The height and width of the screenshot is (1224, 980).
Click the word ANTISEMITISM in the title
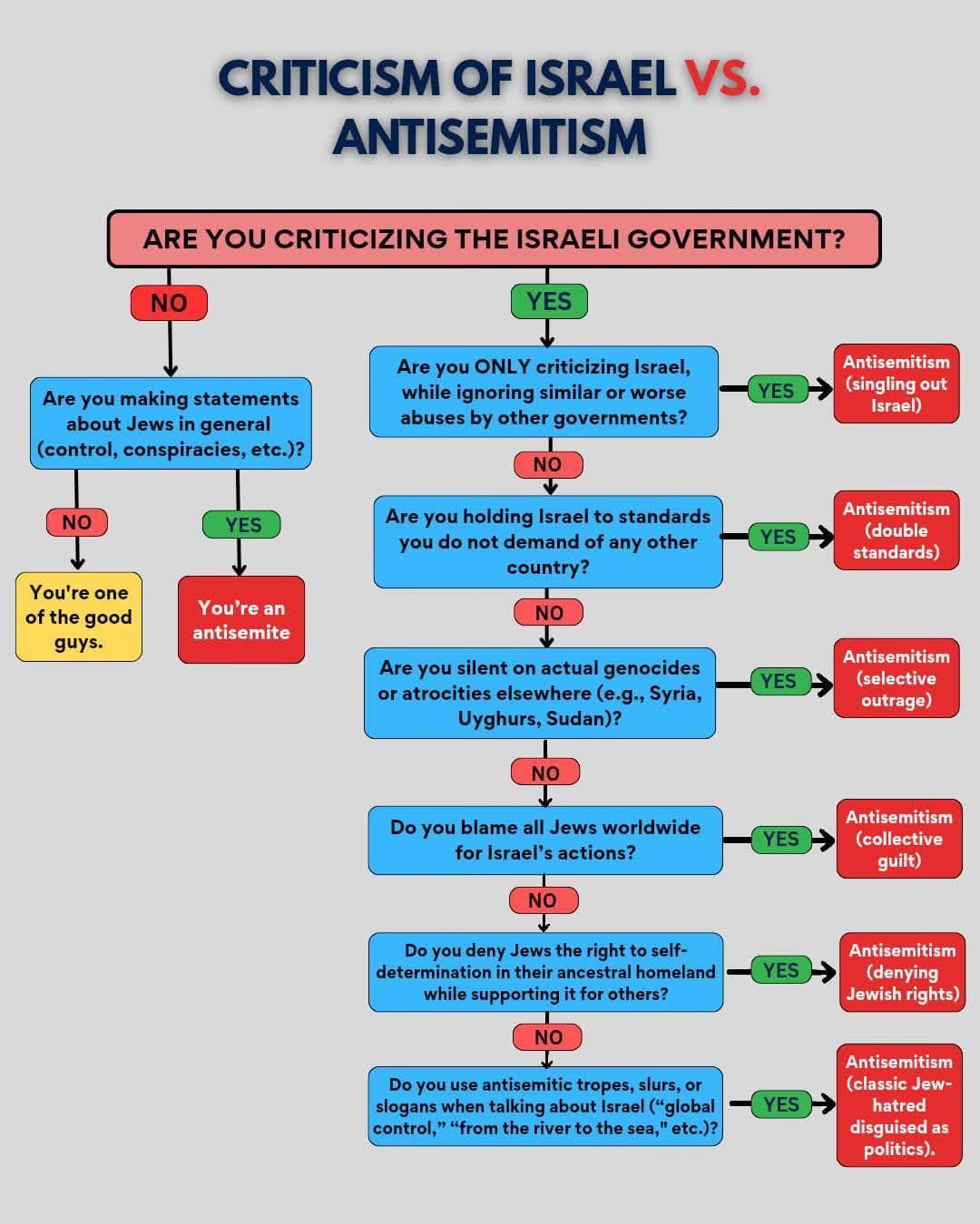click(x=490, y=137)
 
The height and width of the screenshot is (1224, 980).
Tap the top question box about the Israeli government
click(x=494, y=239)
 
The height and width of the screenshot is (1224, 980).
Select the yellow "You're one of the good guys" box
click(x=79, y=617)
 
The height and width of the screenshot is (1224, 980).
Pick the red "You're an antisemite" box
click(x=241, y=620)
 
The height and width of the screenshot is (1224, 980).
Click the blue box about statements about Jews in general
click(x=171, y=423)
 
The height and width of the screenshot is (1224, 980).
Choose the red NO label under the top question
click(x=169, y=303)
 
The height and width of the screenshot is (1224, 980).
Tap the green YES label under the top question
click(x=549, y=301)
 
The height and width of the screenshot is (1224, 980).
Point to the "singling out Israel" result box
click(x=896, y=384)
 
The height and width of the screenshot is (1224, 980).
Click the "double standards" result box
click(x=896, y=530)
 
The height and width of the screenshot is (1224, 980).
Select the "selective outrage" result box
click(x=896, y=678)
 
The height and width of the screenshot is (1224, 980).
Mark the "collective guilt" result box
click(x=898, y=839)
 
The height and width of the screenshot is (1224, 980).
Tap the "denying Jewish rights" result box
click(x=902, y=972)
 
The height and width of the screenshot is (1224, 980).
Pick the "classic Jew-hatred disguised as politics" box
click(x=898, y=1105)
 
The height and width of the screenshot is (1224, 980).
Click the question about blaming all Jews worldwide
click(x=545, y=840)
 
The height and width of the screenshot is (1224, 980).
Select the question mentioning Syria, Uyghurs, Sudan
click(x=540, y=693)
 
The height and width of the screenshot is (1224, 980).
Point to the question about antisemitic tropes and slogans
click(x=545, y=1106)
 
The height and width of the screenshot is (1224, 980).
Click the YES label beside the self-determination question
click(x=780, y=971)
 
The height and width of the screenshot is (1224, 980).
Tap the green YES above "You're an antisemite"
click(x=242, y=525)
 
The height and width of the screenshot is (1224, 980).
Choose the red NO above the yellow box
click(x=77, y=522)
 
